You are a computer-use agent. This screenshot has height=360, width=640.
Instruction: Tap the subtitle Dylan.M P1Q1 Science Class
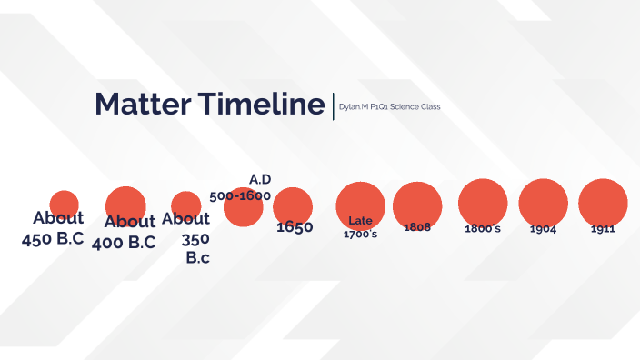pyautogui.click(x=389, y=107)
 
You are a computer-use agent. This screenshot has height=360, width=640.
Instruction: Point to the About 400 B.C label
pyautogui.click(x=125, y=232)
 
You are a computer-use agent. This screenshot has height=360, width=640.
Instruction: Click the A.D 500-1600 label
pyautogui.click(x=242, y=187)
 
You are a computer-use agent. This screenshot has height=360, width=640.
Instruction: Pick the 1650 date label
pyautogui.click(x=295, y=227)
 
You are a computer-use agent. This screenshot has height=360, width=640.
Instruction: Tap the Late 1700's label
pyautogui.click(x=361, y=227)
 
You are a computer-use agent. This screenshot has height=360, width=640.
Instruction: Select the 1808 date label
pyautogui.click(x=417, y=226)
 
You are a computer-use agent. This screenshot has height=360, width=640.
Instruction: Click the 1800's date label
pyautogui.click(x=482, y=228)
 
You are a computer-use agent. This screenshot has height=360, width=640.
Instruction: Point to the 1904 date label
pyautogui.click(x=543, y=229)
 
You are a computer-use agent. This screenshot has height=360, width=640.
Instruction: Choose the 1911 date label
pyautogui.click(x=603, y=229)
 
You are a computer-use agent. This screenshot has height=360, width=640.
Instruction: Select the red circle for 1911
pyautogui.click(x=603, y=201)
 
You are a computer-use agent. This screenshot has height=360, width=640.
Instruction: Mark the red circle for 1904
pyautogui.click(x=543, y=201)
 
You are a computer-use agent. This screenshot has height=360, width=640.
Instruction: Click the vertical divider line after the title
pyautogui.click(x=333, y=104)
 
